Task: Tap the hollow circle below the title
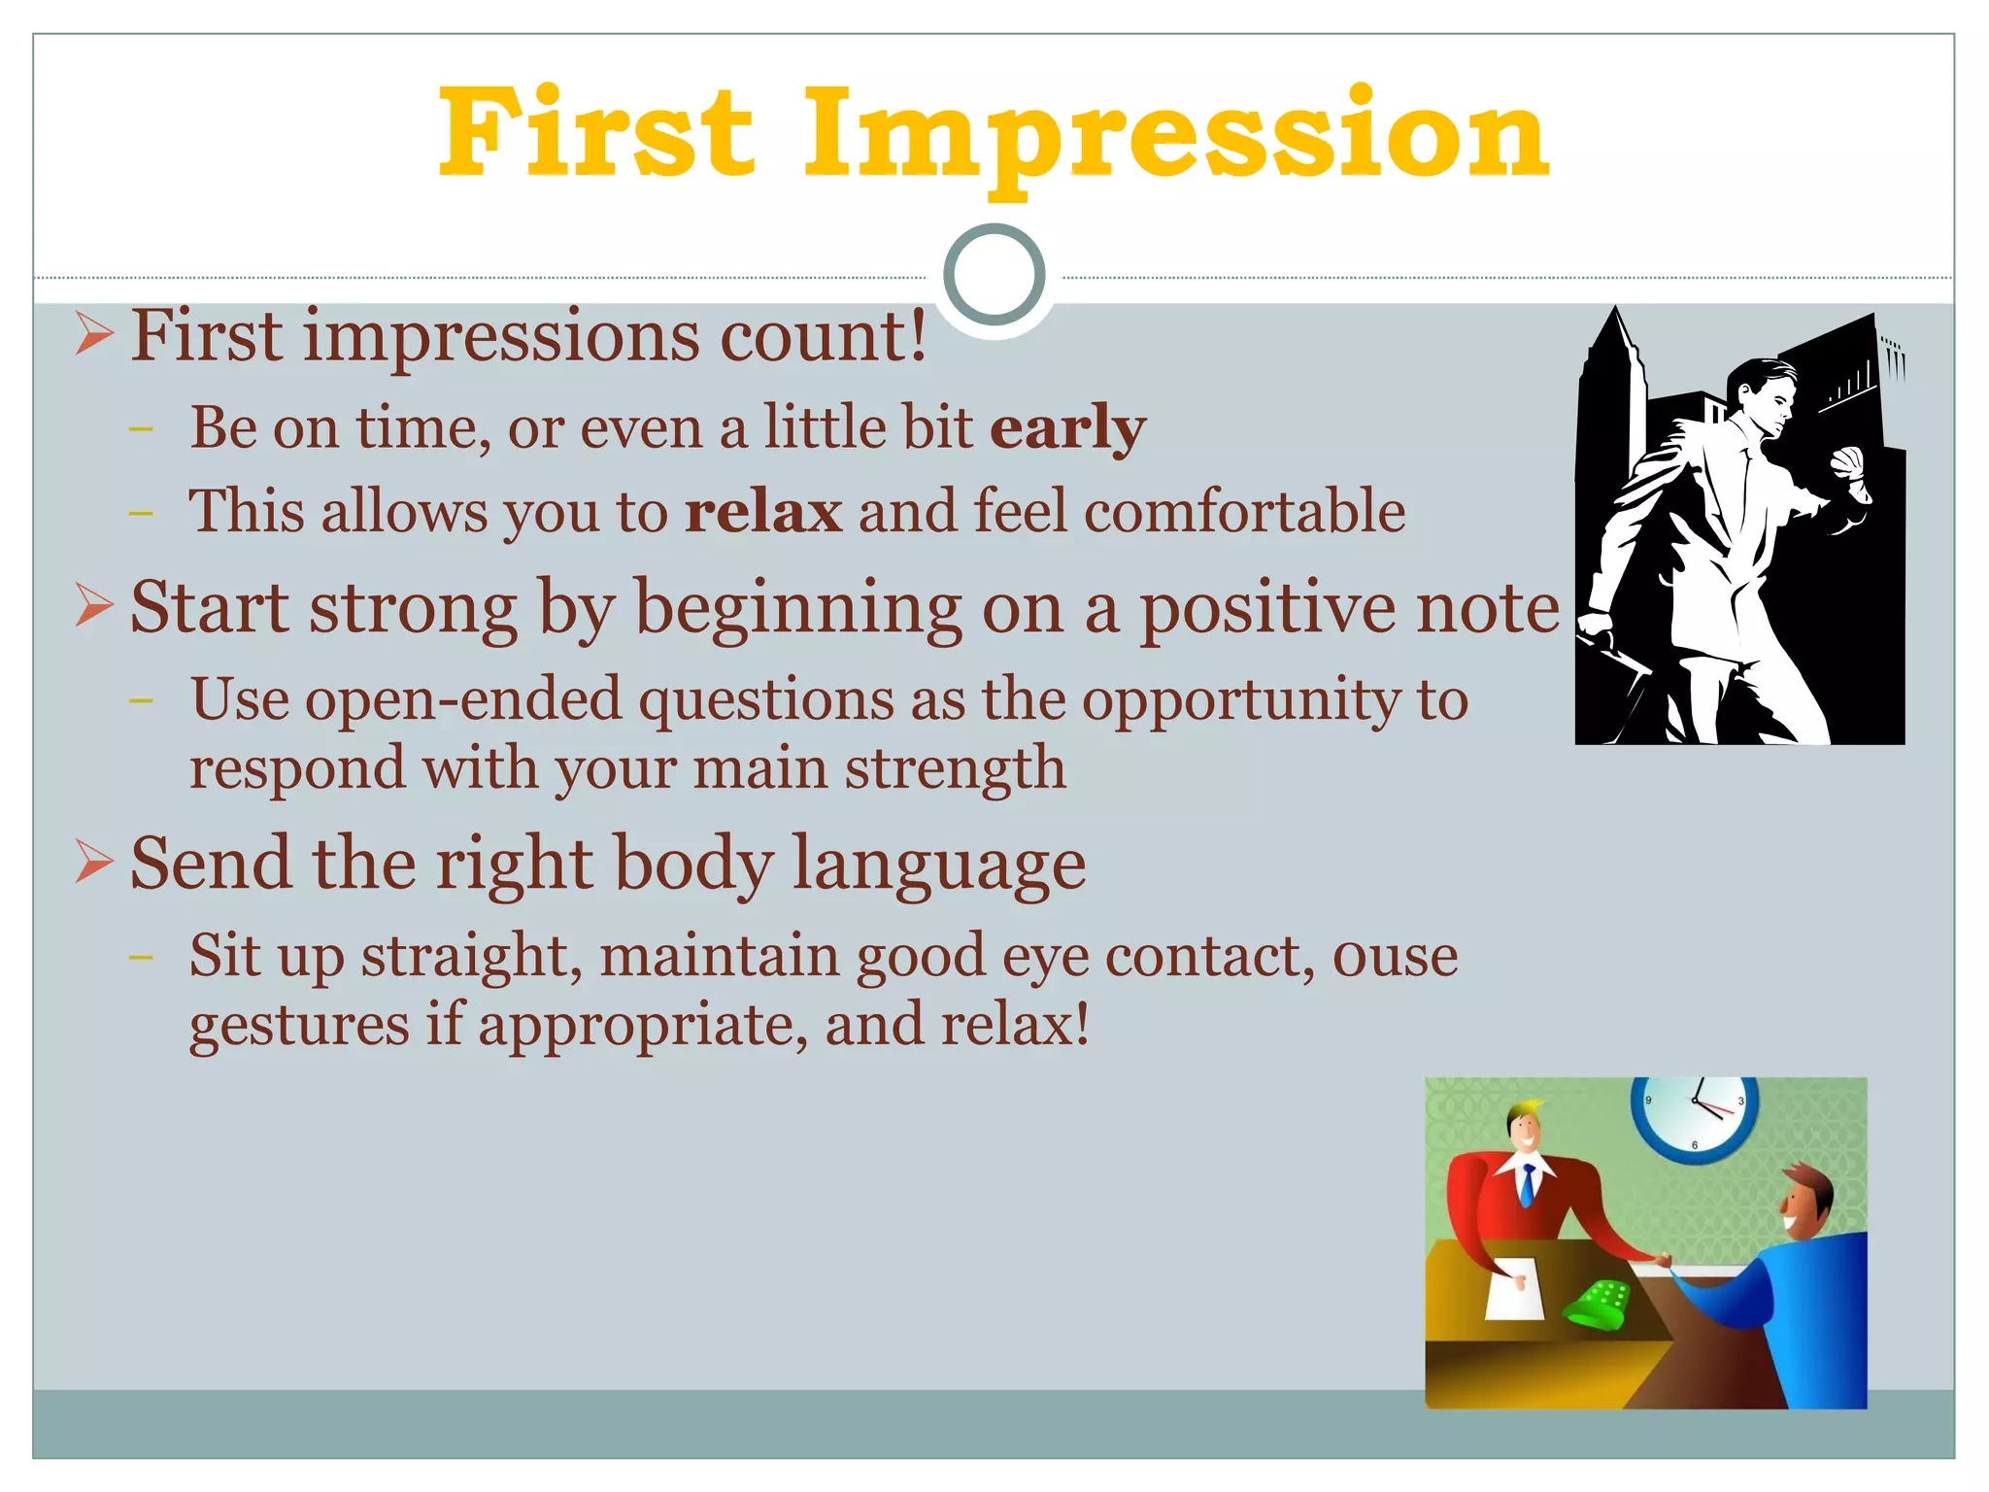point(994,274)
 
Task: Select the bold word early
point(1067,427)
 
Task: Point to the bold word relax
point(763,512)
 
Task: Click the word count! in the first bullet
point(823,336)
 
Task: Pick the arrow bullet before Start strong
point(94,606)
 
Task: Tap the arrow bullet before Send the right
point(94,862)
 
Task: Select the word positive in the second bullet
point(1268,608)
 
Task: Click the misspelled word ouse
point(1395,955)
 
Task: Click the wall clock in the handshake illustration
point(1694,1115)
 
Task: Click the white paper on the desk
point(1514,1288)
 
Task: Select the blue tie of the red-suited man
point(1528,1183)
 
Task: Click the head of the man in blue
point(1804,1202)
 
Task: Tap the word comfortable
point(1244,512)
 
